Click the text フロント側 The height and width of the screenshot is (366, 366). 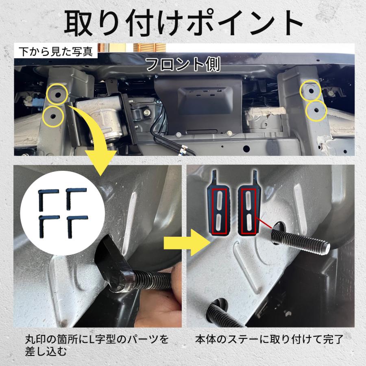point(183,64)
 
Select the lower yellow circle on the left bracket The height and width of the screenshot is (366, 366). point(53,116)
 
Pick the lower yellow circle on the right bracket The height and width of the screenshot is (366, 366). point(316,111)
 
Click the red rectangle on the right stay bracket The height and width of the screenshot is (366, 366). point(248,212)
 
